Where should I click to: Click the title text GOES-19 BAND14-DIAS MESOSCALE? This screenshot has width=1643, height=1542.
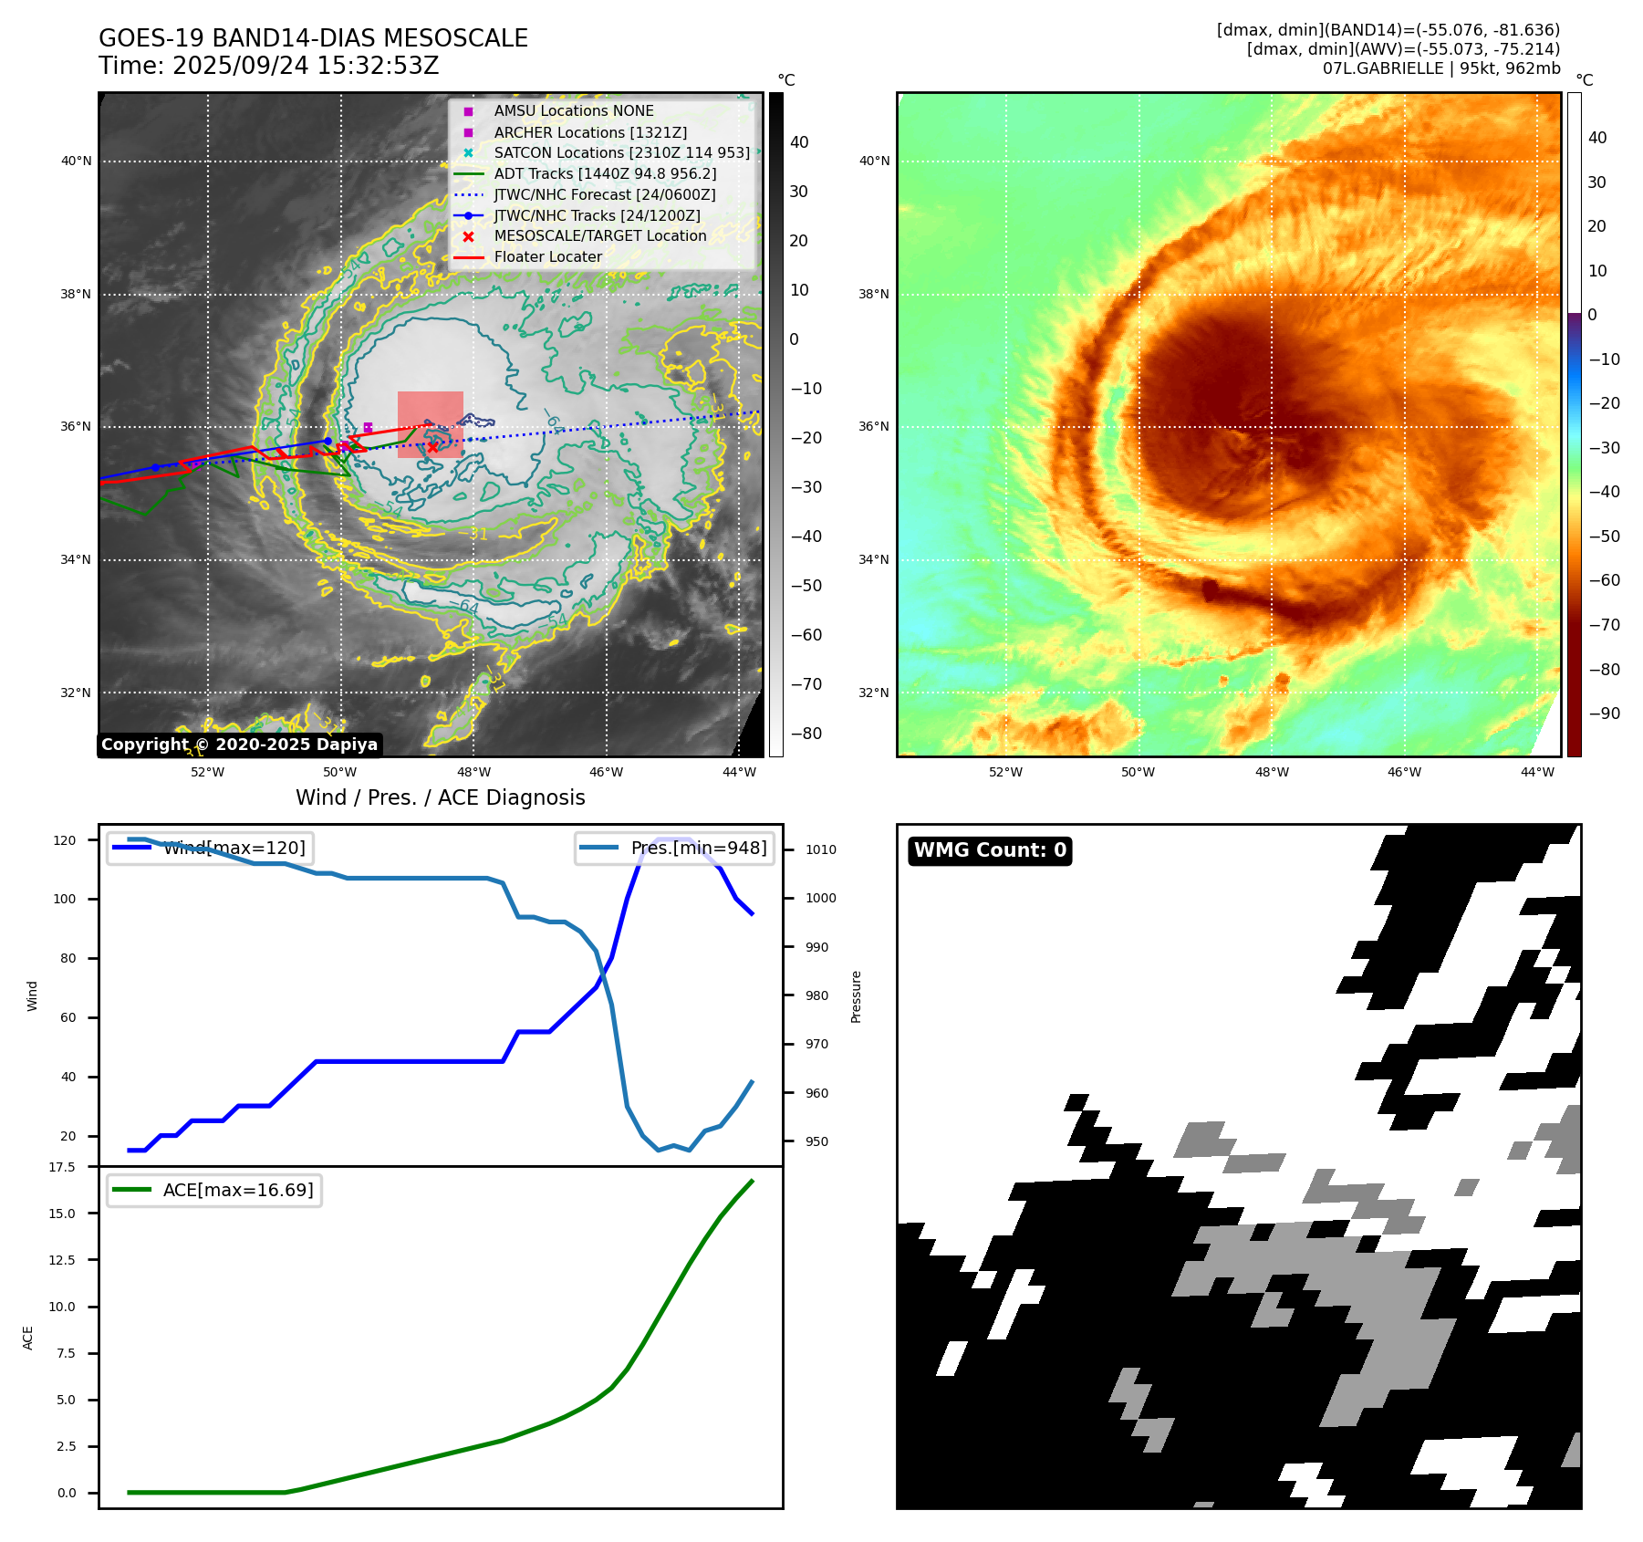(313, 38)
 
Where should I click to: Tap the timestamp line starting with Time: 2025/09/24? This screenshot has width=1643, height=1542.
(268, 66)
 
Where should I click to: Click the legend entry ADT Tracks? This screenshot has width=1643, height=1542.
(605, 173)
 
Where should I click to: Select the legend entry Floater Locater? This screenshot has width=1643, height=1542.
(547, 257)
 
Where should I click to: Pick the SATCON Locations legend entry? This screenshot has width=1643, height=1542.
(621, 152)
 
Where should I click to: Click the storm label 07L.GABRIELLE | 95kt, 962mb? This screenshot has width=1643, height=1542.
(1440, 68)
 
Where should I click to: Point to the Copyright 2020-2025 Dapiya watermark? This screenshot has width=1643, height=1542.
(239, 745)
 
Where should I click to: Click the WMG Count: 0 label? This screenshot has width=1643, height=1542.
(990, 850)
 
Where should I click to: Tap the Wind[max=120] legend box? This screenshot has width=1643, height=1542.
(209, 848)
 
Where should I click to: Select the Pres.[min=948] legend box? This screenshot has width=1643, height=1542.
(675, 848)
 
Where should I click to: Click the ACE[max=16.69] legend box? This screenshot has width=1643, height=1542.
(215, 1190)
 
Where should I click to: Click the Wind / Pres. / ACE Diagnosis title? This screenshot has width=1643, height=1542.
(440, 797)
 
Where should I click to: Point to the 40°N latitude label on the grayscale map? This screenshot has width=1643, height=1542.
(77, 161)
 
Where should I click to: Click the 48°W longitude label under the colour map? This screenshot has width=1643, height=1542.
(1272, 772)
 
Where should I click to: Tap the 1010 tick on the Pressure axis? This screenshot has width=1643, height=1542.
(820, 849)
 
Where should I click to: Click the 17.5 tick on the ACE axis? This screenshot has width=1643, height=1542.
(62, 1167)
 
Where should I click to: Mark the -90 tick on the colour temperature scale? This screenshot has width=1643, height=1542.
(1604, 714)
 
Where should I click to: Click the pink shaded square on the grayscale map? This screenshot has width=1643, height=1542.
(430, 424)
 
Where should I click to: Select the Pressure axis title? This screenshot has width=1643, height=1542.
(856, 996)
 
